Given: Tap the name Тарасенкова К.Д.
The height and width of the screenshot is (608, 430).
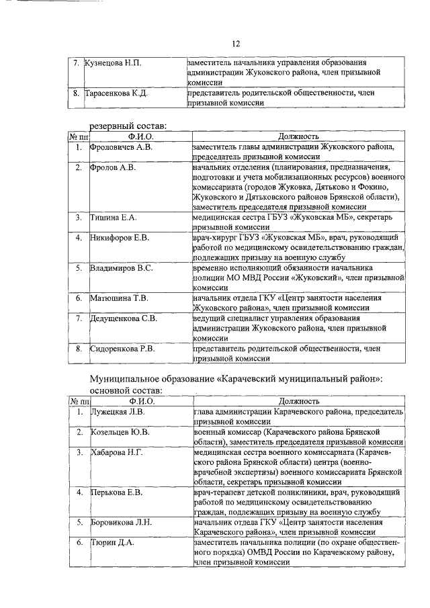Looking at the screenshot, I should pos(116,93).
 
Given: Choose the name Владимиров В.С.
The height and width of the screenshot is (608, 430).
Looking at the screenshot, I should pos(122,268).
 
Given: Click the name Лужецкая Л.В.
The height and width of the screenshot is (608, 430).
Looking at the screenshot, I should pos(118,410).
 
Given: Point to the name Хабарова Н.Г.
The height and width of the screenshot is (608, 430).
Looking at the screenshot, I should pos(117,451).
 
